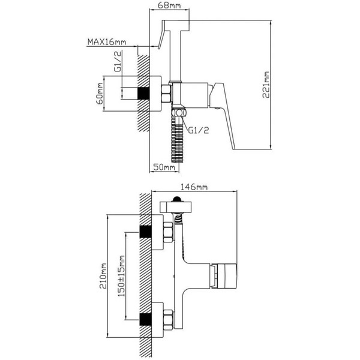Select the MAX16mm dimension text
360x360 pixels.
[x=107, y=41]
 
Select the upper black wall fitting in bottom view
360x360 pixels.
[x=146, y=231]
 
